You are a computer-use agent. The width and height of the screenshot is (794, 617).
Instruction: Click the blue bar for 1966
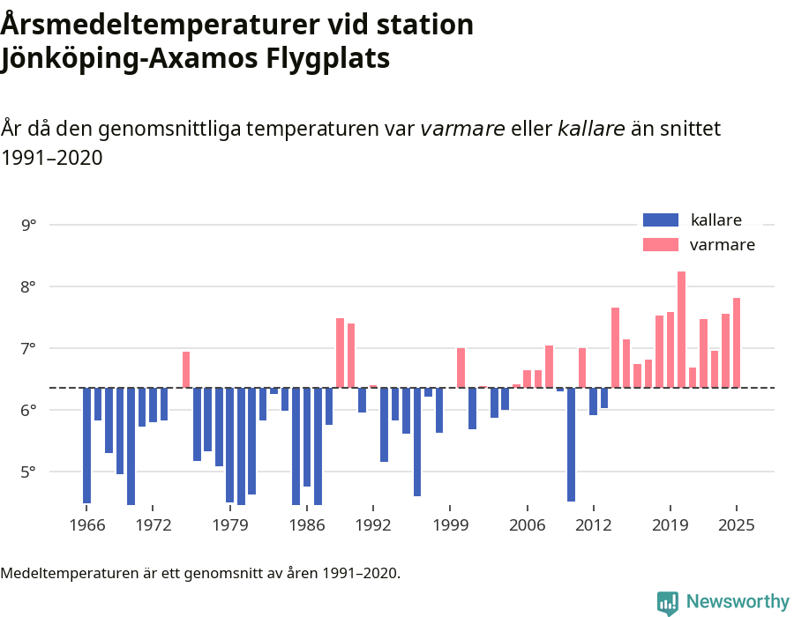pos(86,445)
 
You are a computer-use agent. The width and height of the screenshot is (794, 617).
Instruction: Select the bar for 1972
pos(153,405)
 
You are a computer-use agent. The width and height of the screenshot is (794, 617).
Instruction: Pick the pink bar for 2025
pos(737,343)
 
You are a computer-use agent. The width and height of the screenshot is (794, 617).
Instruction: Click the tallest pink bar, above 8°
pos(681,330)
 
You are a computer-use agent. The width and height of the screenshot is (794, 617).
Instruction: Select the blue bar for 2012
pos(593,401)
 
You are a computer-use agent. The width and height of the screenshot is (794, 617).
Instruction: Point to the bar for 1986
pos(307,436)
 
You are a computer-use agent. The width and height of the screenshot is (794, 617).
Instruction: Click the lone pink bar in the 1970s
pos(186,369)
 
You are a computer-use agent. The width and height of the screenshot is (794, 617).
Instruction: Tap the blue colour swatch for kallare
pos(660,220)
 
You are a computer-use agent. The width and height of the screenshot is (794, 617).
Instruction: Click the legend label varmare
pos(722,245)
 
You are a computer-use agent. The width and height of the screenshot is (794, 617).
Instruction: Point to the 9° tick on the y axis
pos(29,225)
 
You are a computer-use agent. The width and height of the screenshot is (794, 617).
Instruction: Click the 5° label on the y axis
pos(29,472)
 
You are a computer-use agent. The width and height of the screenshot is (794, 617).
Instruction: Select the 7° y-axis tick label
pos(29,348)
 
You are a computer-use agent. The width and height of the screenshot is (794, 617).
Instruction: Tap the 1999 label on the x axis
pos(450,525)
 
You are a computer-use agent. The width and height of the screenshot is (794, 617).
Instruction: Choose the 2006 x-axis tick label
pos(527,525)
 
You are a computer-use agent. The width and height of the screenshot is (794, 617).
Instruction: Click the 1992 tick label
pos(373,525)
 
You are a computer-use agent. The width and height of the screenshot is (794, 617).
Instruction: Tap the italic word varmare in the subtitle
pos(462,129)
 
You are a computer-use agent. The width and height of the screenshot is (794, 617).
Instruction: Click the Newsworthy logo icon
pos(668,602)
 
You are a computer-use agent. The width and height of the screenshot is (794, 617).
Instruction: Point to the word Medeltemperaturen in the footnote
pos(63,573)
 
